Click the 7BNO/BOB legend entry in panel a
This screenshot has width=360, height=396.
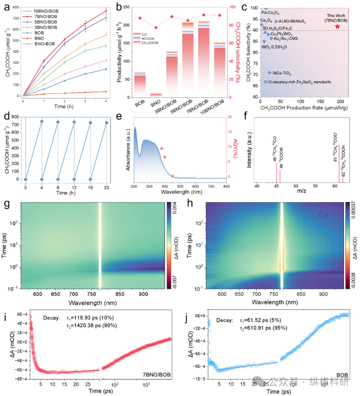[x=45, y=16]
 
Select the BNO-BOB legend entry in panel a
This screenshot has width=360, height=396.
[x=44, y=44]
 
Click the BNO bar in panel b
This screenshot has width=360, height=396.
[x=156, y=95]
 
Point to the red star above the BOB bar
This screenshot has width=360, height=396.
[x=140, y=18]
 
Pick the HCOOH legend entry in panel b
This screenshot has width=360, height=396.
[x=148, y=39]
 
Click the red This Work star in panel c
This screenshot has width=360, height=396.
[x=337, y=26]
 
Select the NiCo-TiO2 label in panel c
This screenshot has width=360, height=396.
[x=282, y=73]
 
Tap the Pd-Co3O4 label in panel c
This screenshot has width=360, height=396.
[x=270, y=13]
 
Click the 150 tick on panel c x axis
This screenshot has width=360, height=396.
[x=320, y=102]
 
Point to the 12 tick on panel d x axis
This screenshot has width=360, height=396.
[x=74, y=188]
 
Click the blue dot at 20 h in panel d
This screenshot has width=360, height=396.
[x=107, y=123]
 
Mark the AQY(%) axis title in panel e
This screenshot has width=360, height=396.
[x=235, y=148]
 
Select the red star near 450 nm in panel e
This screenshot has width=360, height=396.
[x=172, y=176]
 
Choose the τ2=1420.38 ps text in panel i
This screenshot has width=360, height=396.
[x=91, y=325]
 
